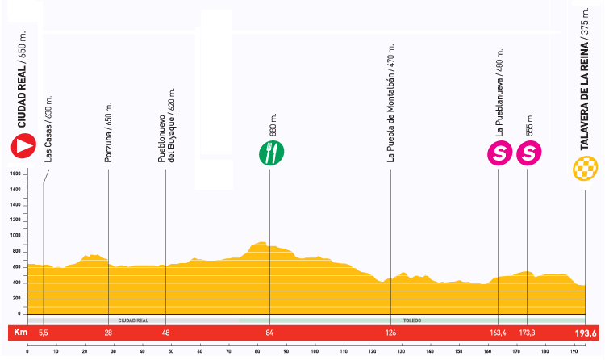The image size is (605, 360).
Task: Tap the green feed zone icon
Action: (270, 153)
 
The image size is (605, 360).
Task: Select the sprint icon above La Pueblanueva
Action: (499, 153)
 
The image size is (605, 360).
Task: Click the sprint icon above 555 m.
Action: (528, 153)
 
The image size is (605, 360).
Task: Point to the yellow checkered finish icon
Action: (586, 169)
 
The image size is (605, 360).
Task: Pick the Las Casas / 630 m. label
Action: (48, 135)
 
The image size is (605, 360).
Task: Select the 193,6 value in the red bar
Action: (585, 333)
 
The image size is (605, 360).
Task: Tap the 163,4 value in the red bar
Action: (498, 333)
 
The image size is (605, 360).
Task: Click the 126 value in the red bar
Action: (390, 333)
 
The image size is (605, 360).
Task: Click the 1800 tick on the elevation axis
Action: (15, 174)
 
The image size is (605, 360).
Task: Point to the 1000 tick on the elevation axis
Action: (15, 235)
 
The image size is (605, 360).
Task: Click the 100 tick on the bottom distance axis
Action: (315, 351)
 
